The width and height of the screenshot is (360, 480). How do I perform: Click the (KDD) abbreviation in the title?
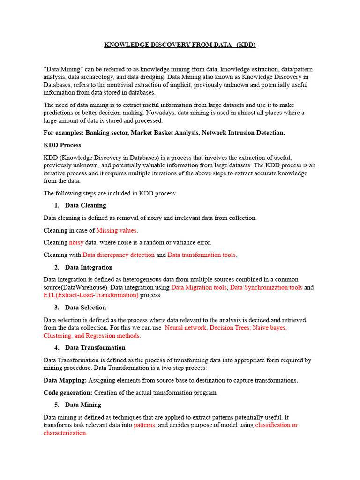click(246, 45)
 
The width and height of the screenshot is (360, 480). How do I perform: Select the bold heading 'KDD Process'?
click(62, 145)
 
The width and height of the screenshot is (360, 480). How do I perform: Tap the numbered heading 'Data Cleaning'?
click(85, 205)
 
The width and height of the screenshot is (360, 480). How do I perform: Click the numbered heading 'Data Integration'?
click(89, 267)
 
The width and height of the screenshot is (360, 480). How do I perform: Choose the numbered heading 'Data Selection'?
click(85, 307)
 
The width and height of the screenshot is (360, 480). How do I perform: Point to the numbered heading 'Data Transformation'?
click(95, 348)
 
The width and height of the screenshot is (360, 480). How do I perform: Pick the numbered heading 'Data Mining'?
click(83, 405)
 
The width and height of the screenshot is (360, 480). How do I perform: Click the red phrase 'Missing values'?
click(117, 230)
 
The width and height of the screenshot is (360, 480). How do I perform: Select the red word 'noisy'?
click(76, 242)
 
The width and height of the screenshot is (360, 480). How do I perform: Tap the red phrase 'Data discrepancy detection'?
click(119, 255)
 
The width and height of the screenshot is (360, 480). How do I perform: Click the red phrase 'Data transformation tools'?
click(202, 255)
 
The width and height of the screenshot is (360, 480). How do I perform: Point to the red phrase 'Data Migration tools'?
click(199, 287)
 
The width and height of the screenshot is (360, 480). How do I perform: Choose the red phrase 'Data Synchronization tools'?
click(266, 287)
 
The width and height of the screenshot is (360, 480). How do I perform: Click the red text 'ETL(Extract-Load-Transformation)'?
click(91, 295)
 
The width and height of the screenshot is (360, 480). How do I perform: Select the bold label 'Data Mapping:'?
click(65, 380)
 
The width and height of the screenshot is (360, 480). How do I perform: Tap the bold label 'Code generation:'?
click(68, 393)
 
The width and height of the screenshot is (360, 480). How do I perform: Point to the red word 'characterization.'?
click(65, 433)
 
